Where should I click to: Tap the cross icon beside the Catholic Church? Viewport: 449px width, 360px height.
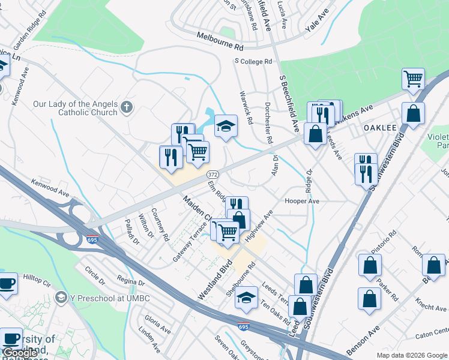(x=126, y=107)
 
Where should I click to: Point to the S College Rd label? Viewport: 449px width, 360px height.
(x=253, y=61)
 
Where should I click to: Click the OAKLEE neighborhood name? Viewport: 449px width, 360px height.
(x=381, y=128)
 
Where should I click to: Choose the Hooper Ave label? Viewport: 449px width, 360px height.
(x=302, y=202)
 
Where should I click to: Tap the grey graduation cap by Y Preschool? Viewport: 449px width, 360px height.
(x=61, y=298)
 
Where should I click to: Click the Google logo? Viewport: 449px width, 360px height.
(x=20, y=353)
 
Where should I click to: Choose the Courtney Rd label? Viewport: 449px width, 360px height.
(x=160, y=224)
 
